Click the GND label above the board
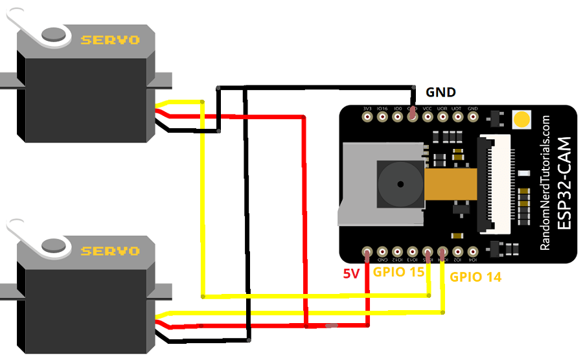click(440, 92)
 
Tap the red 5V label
click(351, 274)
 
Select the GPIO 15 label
click(398, 272)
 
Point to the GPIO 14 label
click(475, 277)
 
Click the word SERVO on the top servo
click(109, 40)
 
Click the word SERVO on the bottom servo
click(109, 251)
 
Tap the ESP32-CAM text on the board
click(564, 184)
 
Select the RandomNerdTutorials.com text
click(545, 184)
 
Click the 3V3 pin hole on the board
click(367, 117)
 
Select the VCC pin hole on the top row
click(428, 117)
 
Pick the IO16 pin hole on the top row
click(382, 117)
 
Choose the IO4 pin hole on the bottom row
click(473, 252)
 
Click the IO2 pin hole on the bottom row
click(458, 252)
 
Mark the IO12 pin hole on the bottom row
click(398, 252)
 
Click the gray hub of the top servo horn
click(54, 34)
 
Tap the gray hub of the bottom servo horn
click(54, 245)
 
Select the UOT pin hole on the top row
click(457, 117)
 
